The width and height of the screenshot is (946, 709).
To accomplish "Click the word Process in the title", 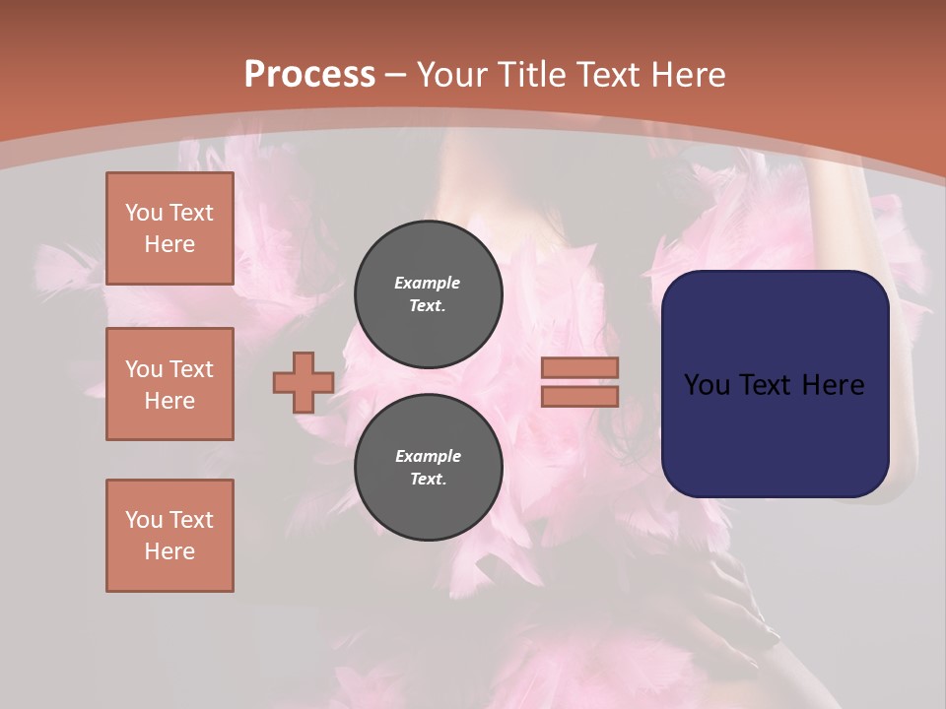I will pos(309,74).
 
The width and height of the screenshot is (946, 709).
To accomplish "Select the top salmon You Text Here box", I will pos(169,228).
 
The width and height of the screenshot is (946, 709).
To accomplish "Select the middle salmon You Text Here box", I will pos(169,384).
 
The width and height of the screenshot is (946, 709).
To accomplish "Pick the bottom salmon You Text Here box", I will pos(169,536).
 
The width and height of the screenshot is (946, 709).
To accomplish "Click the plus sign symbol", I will pos(304,383).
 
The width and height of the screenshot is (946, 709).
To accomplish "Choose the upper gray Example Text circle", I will pos(429,293).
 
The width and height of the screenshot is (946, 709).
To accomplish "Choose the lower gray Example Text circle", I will pos(429,467).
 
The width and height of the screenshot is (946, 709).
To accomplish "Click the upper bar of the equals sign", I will pos(579,367).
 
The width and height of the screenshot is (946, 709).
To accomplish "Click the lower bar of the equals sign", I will pos(579,396).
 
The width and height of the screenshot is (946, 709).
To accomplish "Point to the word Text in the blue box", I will pos(774,385).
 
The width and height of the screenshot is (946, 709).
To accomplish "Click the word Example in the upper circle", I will pos(428,283).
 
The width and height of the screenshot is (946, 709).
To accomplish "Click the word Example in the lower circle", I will pos(428,456).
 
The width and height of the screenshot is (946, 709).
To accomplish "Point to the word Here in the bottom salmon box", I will pos(169,551).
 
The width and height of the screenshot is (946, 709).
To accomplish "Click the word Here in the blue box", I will pos(833,385).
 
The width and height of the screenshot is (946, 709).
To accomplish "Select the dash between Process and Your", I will pos(396,75).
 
